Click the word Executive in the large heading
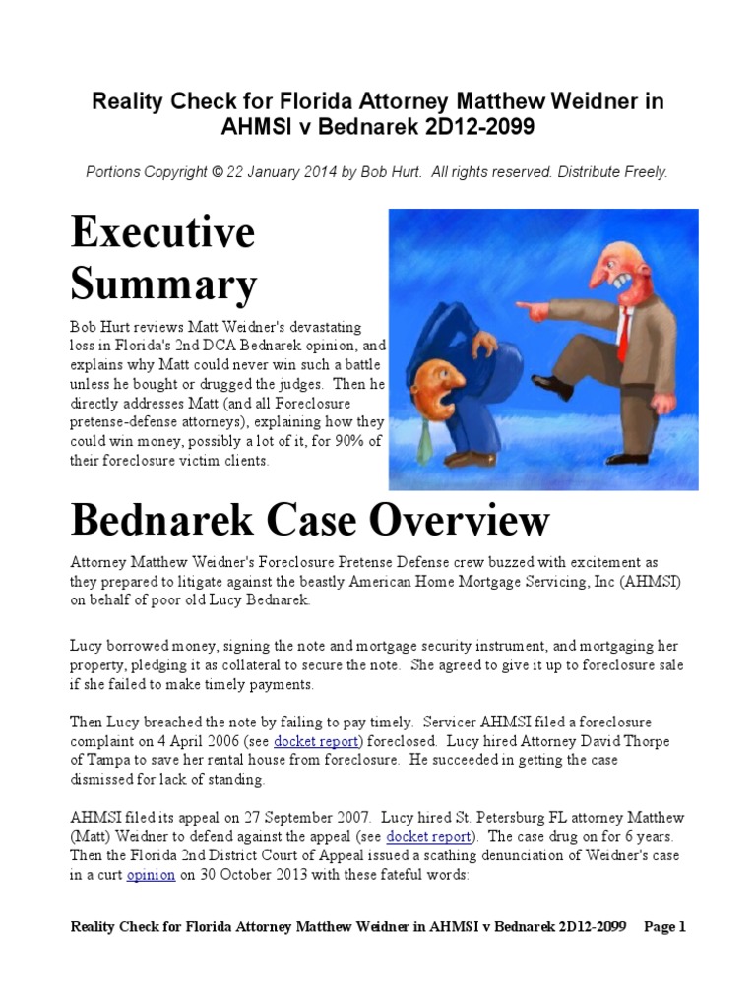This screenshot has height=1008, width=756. click(162, 233)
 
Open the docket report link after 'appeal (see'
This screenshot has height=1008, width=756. click(430, 837)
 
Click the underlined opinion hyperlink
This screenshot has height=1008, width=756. click(150, 874)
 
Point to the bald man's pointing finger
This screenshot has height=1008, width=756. click(522, 312)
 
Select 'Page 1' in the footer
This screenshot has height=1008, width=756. click(664, 926)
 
